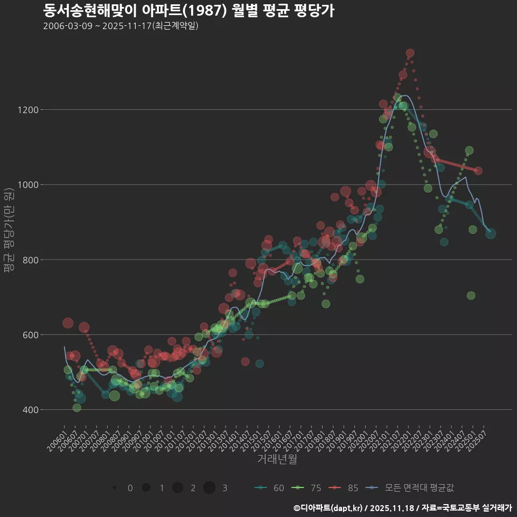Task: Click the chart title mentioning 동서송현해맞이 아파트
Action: click(x=188, y=10)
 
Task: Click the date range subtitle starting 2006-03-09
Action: click(x=121, y=26)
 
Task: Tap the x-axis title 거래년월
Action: click(x=277, y=459)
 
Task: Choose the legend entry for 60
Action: click(x=269, y=488)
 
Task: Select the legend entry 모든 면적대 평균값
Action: click(x=409, y=488)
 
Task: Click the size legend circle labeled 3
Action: click(x=209, y=488)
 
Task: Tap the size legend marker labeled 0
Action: click(x=115, y=488)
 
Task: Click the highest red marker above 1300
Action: click(x=410, y=53)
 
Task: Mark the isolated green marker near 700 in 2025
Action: click(x=471, y=296)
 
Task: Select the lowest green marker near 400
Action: click(x=77, y=408)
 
